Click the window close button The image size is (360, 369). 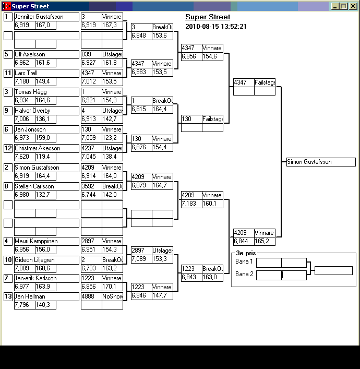(353, 6)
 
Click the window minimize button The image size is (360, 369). (334, 6)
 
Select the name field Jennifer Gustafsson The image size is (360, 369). (46, 17)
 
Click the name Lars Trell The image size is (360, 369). (26, 73)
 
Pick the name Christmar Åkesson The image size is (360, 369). (38, 148)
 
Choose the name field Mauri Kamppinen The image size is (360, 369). (46, 241)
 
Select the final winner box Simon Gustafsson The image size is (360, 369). (321, 162)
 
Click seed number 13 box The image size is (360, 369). (8, 296)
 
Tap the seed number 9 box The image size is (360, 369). (8, 111)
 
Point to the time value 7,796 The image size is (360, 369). (22, 305)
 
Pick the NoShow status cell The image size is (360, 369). (113, 296)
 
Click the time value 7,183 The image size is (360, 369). (189, 204)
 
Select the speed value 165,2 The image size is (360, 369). (261, 241)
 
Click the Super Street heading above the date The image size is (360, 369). (208, 17)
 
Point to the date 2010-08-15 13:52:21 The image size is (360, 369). (216, 26)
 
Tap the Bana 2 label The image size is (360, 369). (244, 274)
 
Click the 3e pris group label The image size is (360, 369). (246, 253)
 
